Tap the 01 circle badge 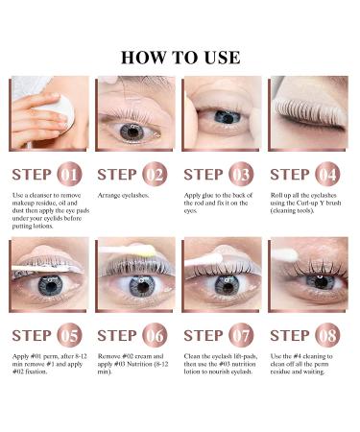click(x=70, y=175)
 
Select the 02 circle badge click(x=156, y=175)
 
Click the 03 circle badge click(x=241, y=175)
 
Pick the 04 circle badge click(x=327, y=175)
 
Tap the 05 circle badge click(x=70, y=336)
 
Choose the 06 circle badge click(x=156, y=336)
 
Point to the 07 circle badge click(x=241, y=336)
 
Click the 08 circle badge click(x=327, y=336)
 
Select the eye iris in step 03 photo click(x=227, y=116)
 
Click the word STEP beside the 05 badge click(x=33, y=336)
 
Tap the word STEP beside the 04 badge click(x=290, y=175)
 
